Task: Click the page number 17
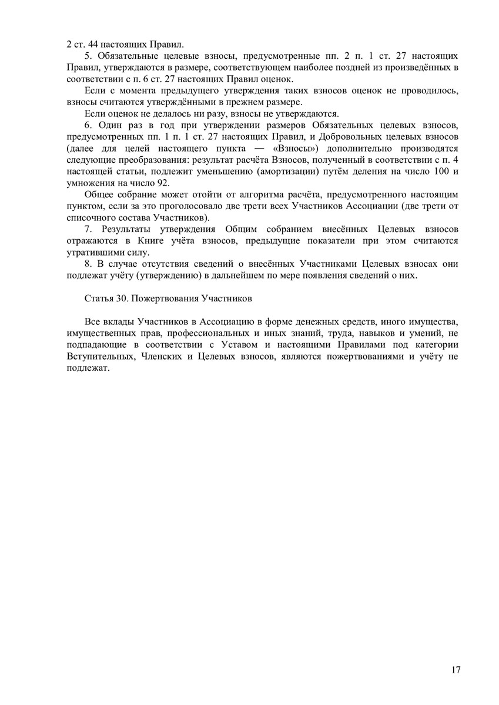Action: [x=456, y=670]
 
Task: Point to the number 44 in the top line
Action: [x=88, y=43]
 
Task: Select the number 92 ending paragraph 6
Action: [x=161, y=182]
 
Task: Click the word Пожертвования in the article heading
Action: [x=165, y=298]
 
